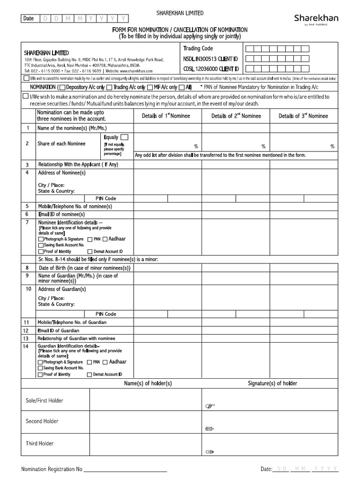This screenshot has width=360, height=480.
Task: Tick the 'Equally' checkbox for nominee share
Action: pos(124,137)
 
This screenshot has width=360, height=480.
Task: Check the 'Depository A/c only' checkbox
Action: pos(63,88)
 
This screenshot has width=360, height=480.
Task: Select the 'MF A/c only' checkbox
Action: pos(150,88)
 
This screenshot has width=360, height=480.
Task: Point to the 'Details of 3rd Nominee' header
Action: pos(303,116)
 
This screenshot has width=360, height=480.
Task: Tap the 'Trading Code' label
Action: pos(198,49)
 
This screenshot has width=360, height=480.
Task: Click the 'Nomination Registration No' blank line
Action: pos(125,469)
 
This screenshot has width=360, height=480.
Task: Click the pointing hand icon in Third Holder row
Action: pos(210,452)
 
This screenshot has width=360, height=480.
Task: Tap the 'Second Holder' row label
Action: pos(42,421)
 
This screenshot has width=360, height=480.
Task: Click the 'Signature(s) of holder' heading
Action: pos(272,383)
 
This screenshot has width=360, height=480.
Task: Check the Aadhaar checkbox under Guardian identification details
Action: pos(105,362)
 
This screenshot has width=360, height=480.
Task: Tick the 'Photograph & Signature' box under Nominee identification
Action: pos(40,239)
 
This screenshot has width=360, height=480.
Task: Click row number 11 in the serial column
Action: pos(27,322)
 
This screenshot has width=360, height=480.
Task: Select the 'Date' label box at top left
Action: pos(29,18)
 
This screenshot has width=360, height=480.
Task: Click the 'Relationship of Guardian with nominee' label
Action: pos(76,338)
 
